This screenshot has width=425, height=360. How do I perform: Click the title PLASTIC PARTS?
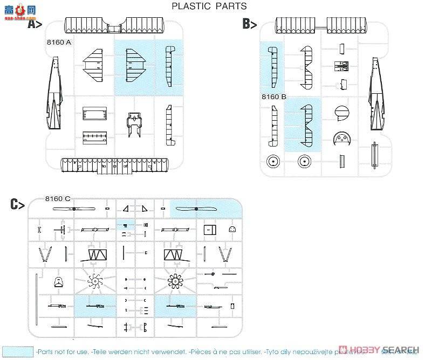click(x=209, y=6)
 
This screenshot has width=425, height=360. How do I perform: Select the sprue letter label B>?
click(x=249, y=24)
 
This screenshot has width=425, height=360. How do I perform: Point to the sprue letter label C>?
click(x=18, y=204)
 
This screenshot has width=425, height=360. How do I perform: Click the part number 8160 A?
click(x=59, y=43)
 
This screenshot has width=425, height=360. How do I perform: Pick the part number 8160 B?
click(x=273, y=97)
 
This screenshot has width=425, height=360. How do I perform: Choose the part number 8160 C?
click(x=58, y=198)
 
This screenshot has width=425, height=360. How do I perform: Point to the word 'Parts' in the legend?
click(x=48, y=351)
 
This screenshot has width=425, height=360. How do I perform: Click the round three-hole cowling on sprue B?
click(x=341, y=141)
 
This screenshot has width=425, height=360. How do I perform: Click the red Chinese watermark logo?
click(x=13, y=9)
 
